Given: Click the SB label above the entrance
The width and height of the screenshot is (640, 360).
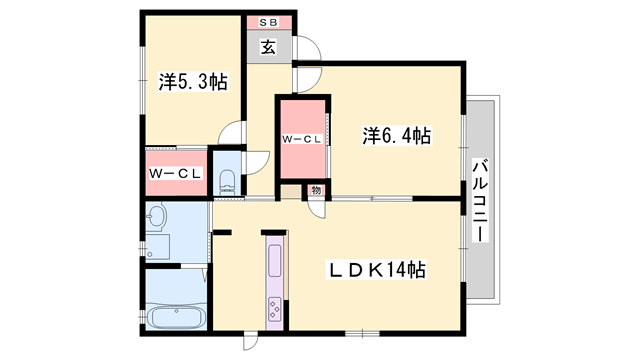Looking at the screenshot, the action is [x=269, y=23].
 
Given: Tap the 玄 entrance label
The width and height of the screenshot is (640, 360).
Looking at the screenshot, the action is [x=269, y=47].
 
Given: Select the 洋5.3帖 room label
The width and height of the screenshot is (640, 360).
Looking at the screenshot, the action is [x=193, y=82].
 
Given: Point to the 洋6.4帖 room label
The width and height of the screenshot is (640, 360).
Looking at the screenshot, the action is [x=396, y=136].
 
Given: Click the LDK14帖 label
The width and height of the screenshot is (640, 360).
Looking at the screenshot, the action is [x=377, y=270].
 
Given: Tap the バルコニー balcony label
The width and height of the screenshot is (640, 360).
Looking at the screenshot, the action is [x=480, y=200].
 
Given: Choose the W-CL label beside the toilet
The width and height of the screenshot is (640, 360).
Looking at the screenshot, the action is [x=175, y=173].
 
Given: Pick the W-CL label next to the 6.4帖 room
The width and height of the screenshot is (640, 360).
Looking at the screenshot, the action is [x=302, y=139].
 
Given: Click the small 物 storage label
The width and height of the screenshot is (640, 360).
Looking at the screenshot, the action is [x=316, y=190].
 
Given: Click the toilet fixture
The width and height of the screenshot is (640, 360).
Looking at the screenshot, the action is [x=227, y=183].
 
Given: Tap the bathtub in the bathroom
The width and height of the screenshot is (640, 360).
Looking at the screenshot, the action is [x=176, y=316].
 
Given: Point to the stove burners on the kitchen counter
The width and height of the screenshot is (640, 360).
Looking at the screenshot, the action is [x=274, y=309].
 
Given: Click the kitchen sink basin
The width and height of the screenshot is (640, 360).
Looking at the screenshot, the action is [x=275, y=260].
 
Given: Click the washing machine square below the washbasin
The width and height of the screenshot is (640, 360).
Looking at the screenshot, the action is [x=158, y=247].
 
